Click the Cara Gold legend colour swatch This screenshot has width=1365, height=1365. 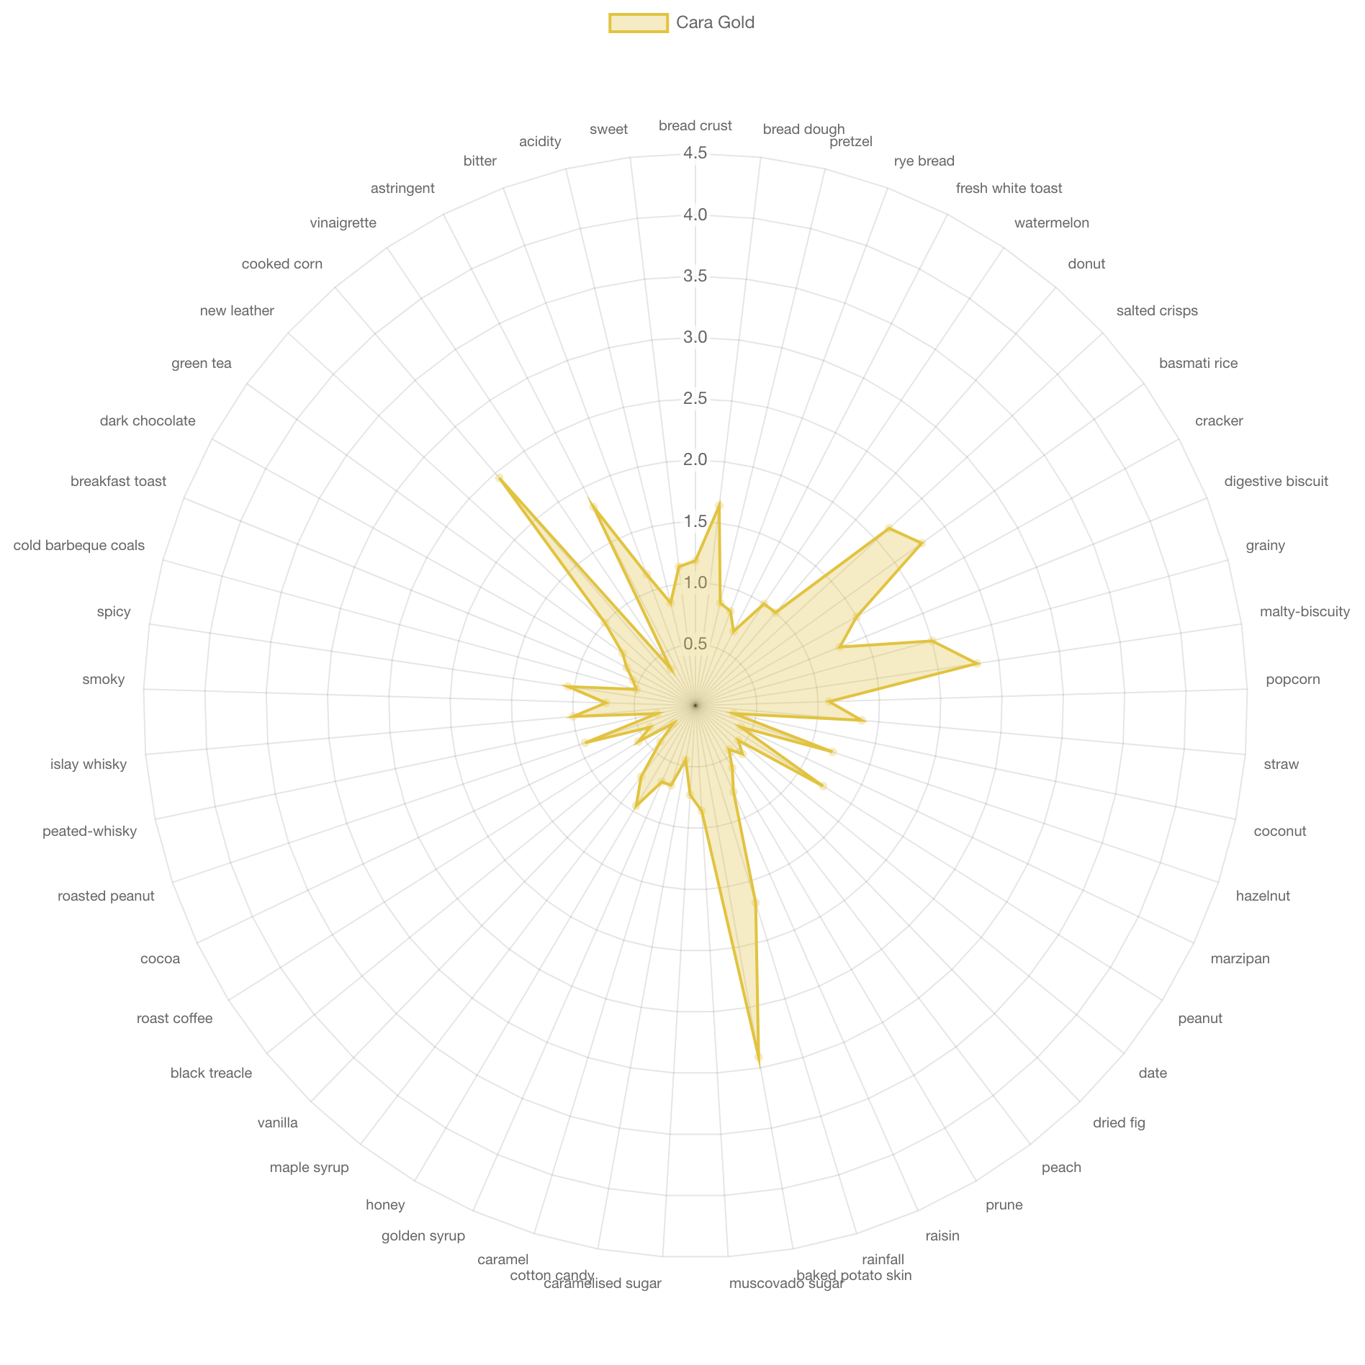point(638,23)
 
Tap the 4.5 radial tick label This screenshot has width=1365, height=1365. point(695,153)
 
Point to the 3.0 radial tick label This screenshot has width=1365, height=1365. point(695,337)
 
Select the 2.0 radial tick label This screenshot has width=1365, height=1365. point(695,460)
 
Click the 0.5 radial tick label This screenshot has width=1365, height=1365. point(695,644)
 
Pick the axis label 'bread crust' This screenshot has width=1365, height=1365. point(695,126)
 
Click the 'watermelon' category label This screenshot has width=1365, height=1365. point(1051,223)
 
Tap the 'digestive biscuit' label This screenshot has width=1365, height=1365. point(1276,482)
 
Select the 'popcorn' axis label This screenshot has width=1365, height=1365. point(1292,680)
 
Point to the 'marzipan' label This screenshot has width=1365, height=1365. point(1240,959)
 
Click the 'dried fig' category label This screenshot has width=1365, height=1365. point(1118,1123)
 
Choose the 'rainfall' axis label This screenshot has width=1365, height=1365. point(883,1259)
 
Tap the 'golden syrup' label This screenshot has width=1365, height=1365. point(423,1236)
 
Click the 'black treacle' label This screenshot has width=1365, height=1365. point(211,1073)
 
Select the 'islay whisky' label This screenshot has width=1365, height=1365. point(89,765)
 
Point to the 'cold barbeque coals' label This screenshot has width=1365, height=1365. point(79,546)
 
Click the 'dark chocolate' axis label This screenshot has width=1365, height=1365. point(148,421)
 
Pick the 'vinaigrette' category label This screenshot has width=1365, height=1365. point(343,223)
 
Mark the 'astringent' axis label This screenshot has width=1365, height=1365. point(402,189)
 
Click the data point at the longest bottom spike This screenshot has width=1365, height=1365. point(759,1057)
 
